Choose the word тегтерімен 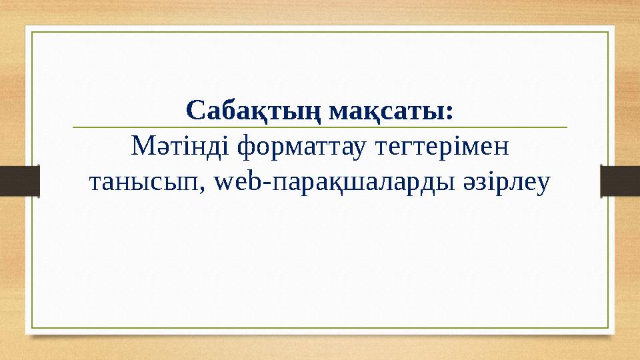pos(440,144)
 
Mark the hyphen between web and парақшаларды pos(267,183)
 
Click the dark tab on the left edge pos(20,181)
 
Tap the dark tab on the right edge pos(620,181)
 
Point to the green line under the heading pos(319,126)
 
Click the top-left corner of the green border pos(33,31)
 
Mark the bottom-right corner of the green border pos(609,328)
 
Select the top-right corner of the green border pos(609,31)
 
